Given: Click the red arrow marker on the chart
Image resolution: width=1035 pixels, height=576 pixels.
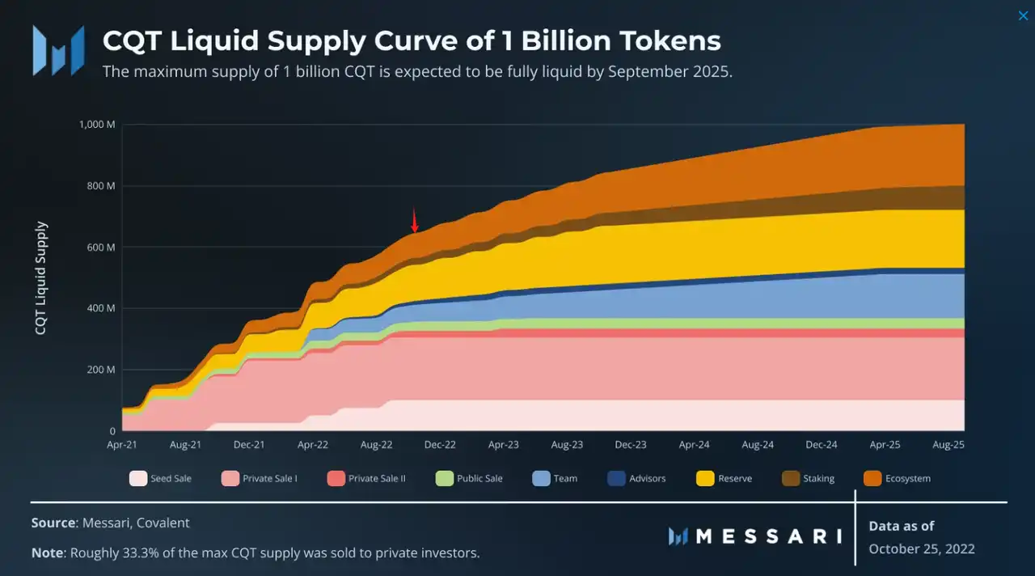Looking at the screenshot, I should coord(415,220).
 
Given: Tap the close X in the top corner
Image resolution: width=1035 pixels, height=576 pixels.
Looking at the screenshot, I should coord(1023,16).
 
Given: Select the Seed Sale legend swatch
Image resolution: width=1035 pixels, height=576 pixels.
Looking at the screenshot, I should coord(138,478).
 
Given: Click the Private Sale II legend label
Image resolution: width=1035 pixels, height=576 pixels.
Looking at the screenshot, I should coord(377,478).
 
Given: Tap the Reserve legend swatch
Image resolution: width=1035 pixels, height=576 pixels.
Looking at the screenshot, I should coord(705,478).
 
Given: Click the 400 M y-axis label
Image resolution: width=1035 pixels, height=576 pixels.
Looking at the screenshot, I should coord(101,308).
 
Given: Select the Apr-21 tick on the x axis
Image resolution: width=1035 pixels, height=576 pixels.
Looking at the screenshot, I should coord(122,444).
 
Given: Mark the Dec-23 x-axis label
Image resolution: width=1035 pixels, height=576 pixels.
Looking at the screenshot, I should coord(631,444).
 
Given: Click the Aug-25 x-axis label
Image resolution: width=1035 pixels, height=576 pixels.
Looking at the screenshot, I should coord(948,444).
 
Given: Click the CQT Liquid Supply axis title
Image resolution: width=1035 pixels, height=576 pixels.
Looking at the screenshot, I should coord(41,278).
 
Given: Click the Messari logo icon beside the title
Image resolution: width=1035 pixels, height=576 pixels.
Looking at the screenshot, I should coord(58,50).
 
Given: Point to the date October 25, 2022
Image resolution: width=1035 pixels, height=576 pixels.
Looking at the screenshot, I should coord(922,548).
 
